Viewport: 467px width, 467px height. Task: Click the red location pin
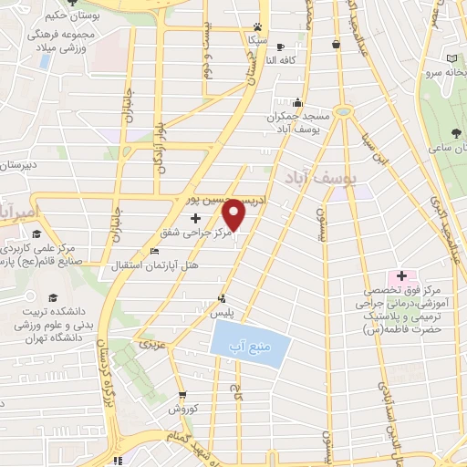234,214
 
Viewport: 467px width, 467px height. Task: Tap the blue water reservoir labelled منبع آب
251,344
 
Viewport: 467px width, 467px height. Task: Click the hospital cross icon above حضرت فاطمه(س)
400,275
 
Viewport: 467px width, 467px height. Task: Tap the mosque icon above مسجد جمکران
297,103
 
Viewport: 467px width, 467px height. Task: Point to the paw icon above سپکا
259,27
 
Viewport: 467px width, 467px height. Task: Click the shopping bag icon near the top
337,43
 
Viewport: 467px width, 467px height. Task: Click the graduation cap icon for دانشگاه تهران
52,298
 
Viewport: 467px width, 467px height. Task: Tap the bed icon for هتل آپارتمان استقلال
153,253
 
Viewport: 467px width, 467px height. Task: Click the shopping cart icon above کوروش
182,395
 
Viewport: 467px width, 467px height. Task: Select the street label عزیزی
149,346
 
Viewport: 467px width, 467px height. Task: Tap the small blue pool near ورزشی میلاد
43,62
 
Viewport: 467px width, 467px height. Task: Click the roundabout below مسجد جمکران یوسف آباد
342,110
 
